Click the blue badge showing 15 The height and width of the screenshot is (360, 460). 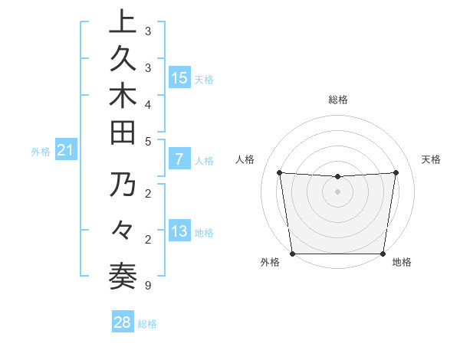pyautogui.click(x=179, y=78)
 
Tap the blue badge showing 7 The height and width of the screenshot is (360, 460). pyautogui.click(x=179, y=160)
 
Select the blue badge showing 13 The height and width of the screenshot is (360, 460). pyautogui.click(x=179, y=231)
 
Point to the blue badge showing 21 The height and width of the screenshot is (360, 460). pyautogui.click(x=66, y=151)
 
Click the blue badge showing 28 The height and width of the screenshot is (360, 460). pyautogui.click(x=123, y=322)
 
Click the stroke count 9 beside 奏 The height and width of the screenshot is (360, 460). pyautogui.click(x=147, y=286)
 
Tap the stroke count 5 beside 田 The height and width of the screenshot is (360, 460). pyautogui.click(x=147, y=141)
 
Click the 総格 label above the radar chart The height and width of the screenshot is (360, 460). pyautogui.click(x=337, y=100)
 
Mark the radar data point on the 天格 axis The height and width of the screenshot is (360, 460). pyautogui.click(x=396, y=172)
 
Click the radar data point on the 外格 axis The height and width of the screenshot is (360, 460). pyautogui.click(x=293, y=254)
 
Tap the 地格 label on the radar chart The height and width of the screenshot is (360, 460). pyautogui.click(x=402, y=263)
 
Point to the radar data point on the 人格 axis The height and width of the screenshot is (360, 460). pyautogui.click(x=280, y=172)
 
